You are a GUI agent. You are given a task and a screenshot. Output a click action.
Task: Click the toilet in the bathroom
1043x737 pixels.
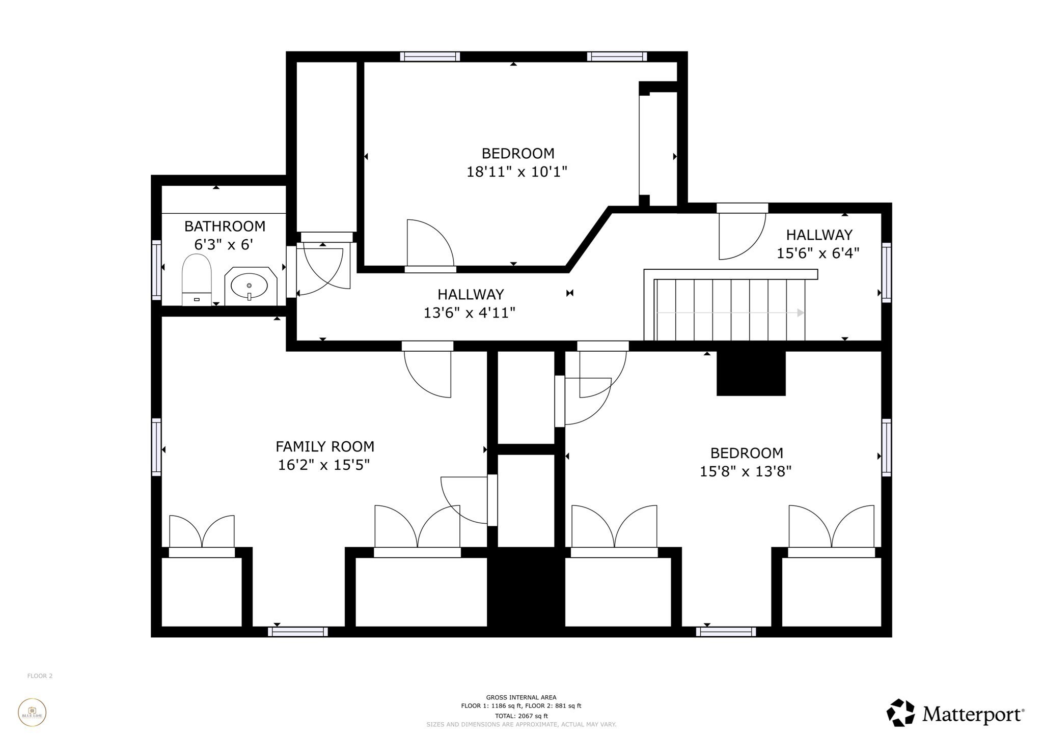pos(197,279)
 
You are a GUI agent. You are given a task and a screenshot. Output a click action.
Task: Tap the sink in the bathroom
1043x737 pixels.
pos(250,286)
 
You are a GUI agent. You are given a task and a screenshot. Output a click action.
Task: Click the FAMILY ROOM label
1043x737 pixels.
pos(324,446)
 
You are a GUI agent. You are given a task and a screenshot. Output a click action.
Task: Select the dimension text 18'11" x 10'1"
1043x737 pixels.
pos(516,172)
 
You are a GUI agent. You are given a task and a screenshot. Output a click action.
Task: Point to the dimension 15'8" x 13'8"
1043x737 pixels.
pos(745,471)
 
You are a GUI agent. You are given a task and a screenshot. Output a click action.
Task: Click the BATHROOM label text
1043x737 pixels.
pos(225,226)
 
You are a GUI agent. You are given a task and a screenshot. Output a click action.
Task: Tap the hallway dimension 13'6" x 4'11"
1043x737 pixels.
pos(469,313)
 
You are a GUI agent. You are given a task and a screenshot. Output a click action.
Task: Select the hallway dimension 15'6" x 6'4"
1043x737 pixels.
pos(817,253)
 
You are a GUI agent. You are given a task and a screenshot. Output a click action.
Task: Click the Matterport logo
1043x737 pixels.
pos(955,713)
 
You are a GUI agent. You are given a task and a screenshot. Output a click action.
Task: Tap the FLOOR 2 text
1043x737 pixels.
pos(40,676)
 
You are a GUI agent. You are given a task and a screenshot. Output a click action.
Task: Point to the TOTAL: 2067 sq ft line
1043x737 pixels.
pos(521,716)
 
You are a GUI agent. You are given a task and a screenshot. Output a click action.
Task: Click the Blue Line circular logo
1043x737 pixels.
pos(32,712)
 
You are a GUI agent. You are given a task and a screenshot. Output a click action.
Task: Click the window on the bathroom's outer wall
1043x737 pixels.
pos(156,269)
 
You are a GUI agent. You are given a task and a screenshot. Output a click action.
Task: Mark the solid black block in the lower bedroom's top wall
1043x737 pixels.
pos(751,373)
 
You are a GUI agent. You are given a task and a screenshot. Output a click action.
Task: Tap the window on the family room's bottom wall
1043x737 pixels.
pos(298,632)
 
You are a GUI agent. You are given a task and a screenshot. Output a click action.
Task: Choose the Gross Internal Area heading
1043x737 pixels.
pos(521,697)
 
